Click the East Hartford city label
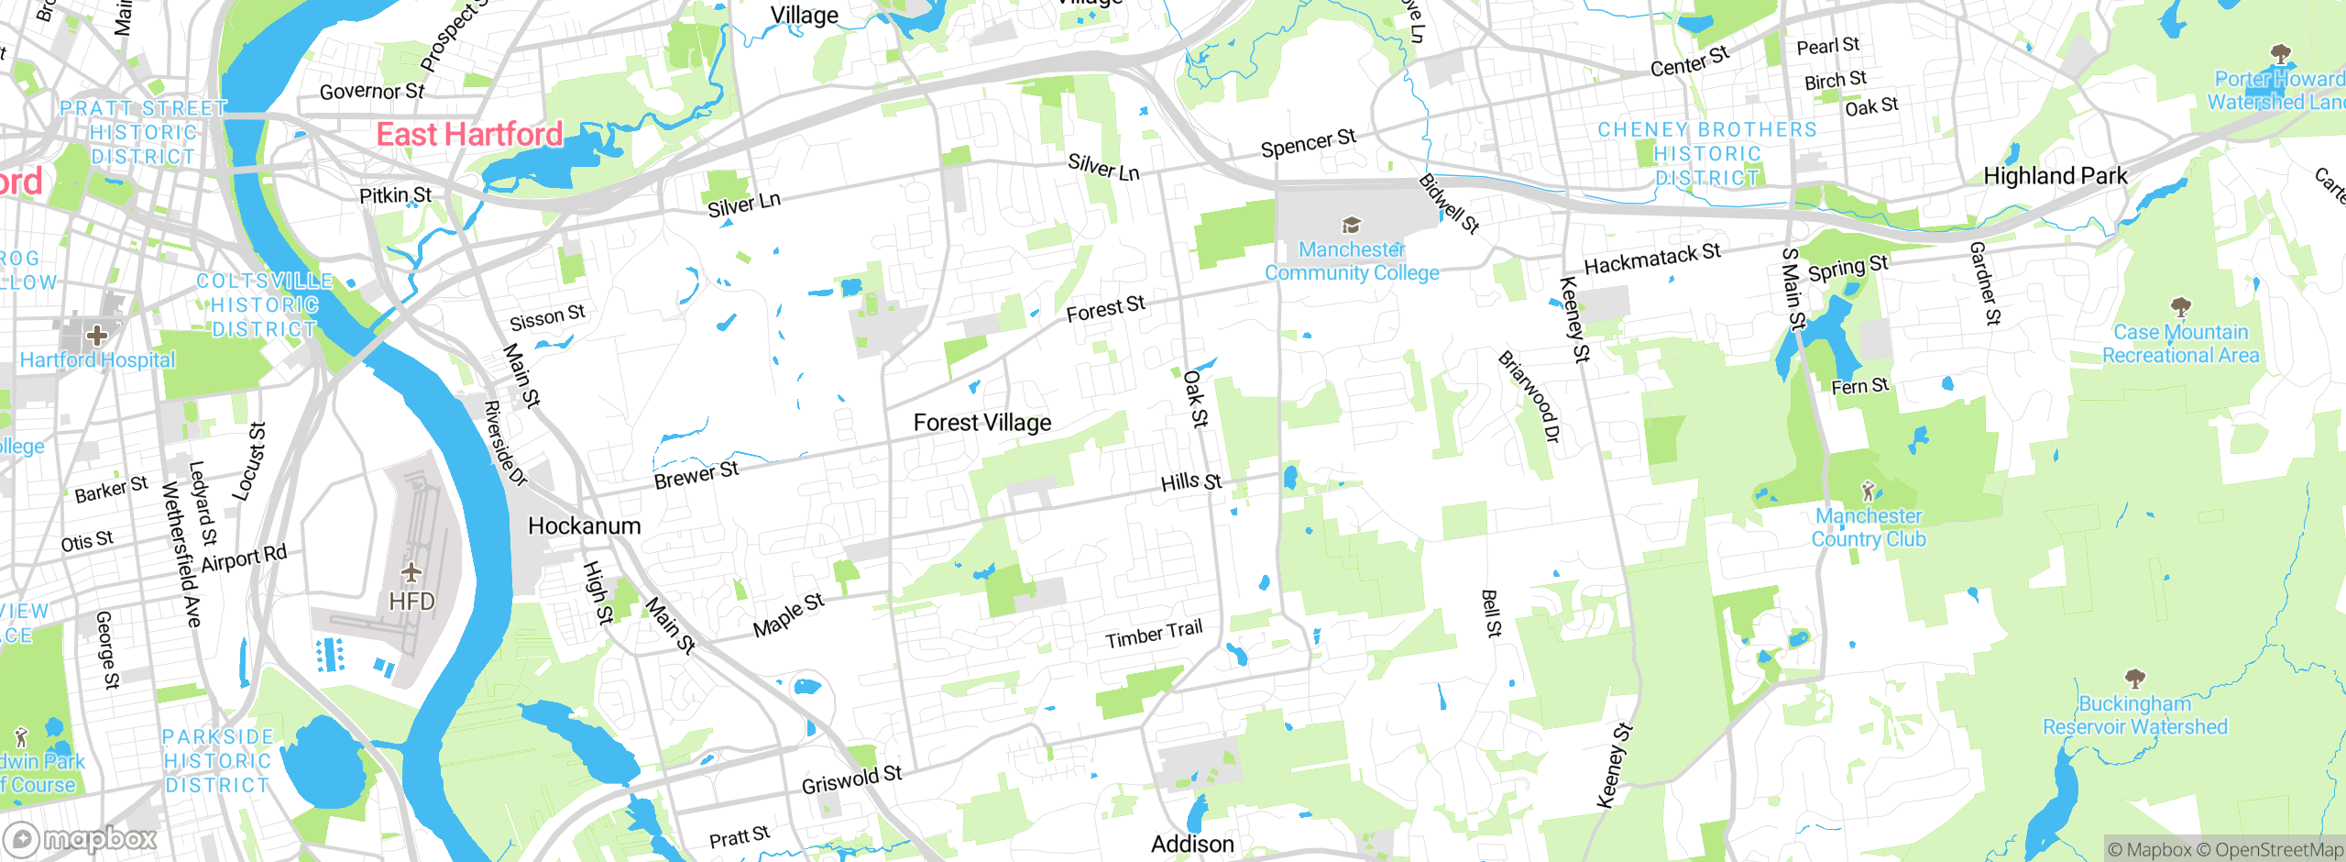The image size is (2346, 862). (470, 135)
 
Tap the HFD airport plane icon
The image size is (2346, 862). (411, 573)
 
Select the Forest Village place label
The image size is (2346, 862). (982, 423)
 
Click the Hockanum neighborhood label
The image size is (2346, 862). (585, 526)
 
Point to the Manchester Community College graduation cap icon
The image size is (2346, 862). (1351, 225)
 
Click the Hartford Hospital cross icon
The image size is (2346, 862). (97, 335)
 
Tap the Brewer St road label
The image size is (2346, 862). (696, 475)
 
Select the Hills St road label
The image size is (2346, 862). (1191, 482)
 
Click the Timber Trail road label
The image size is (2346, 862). (1154, 634)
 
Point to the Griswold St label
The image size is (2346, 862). (852, 779)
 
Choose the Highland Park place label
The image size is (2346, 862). (2055, 176)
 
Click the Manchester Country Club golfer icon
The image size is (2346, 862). (1869, 491)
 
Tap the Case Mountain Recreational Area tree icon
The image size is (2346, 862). (2181, 306)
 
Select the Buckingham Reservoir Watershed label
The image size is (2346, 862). (2135, 715)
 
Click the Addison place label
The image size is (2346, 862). (1192, 844)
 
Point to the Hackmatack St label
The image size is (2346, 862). (1652, 259)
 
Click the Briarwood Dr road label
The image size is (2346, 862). (1528, 396)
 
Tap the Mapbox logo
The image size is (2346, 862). (81, 839)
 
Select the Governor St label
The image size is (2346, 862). (372, 92)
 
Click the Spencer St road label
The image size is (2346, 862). (1308, 143)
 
